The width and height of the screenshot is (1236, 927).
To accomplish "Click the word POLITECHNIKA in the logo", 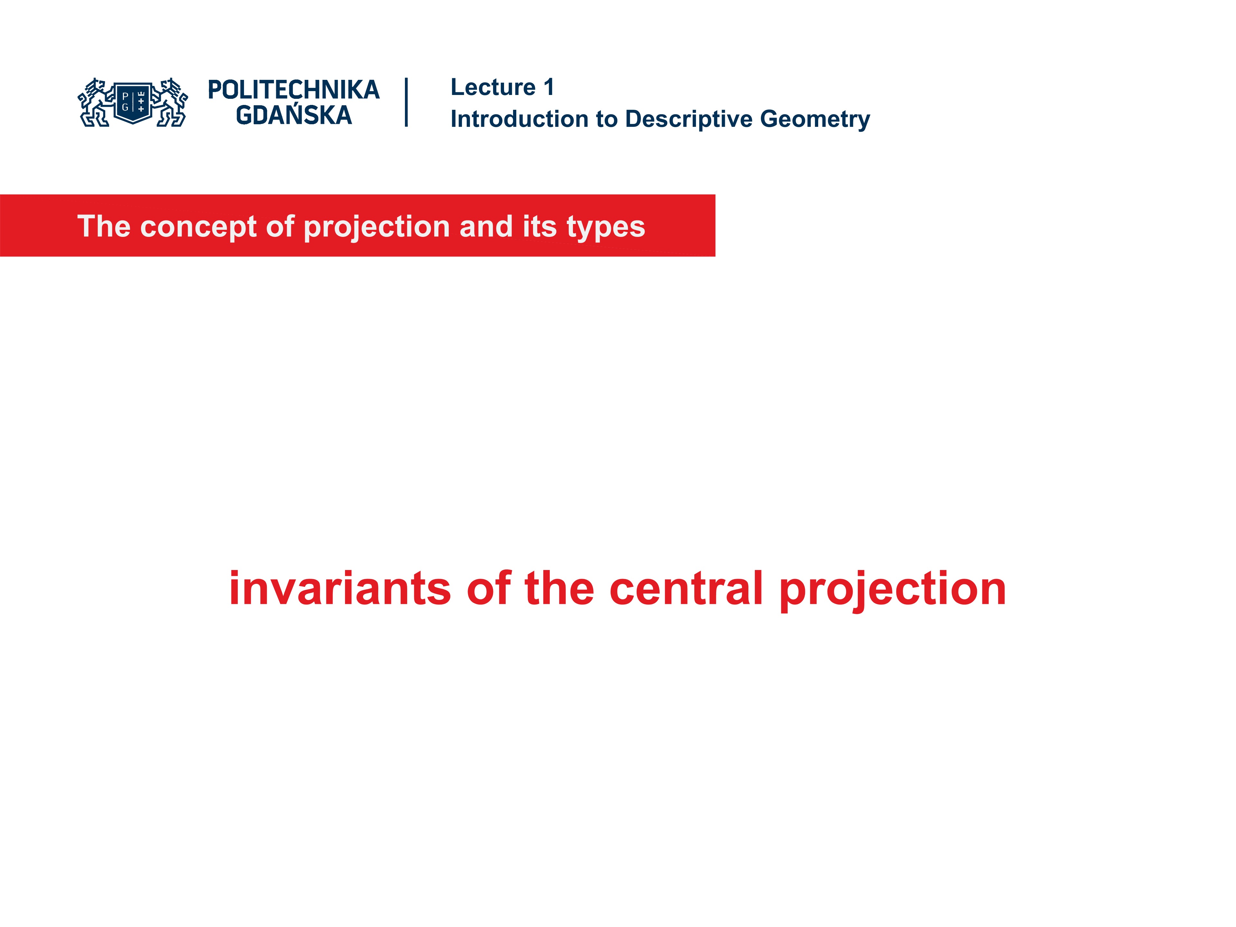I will [x=293, y=90].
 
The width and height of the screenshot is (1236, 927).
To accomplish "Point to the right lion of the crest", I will [x=172, y=103].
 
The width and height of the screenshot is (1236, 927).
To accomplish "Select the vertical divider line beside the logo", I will [x=406, y=102].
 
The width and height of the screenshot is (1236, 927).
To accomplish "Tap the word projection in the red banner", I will [x=376, y=228].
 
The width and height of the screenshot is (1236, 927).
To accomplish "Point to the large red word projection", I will [x=892, y=590].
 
